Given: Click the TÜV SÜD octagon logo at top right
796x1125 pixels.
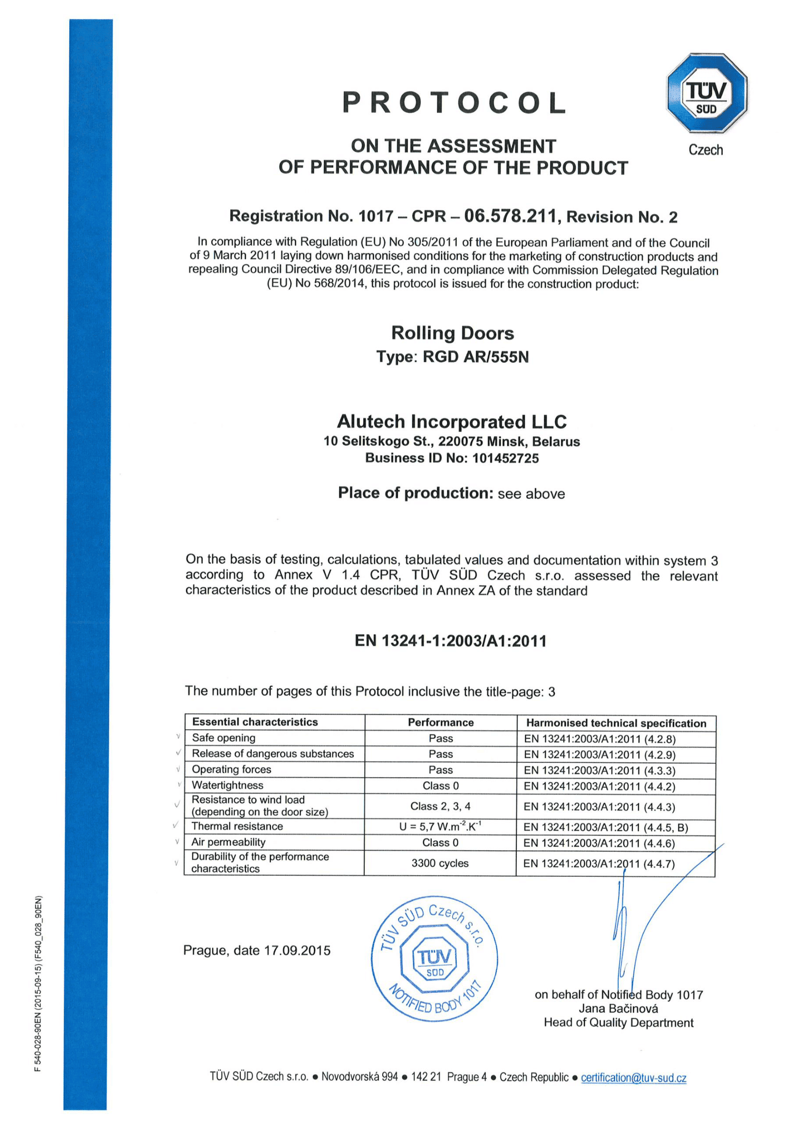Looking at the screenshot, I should [706, 93].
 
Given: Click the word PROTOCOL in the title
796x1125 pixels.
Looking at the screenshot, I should [454, 103].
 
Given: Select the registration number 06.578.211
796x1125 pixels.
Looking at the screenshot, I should [510, 215].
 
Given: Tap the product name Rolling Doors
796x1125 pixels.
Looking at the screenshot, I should [452, 333].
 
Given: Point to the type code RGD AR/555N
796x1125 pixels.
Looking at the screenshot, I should [476, 357].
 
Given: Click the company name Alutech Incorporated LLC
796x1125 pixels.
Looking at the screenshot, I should [451, 422].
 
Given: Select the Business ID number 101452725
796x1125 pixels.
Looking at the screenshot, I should [505, 458].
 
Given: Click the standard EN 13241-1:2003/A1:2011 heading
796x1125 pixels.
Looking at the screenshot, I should [450, 641].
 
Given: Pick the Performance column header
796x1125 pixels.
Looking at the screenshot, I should [441, 722].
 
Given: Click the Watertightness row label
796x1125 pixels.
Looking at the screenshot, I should [228, 785].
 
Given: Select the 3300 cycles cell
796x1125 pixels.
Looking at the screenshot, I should [440, 863].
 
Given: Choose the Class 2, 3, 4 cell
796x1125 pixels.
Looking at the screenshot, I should [440, 806].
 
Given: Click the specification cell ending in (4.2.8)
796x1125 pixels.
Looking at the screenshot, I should [600, 739].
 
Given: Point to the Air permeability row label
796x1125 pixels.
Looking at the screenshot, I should [229, 842].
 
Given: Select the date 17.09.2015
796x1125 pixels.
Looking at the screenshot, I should [297, 950].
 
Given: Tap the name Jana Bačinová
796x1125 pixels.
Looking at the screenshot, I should [618, 1009].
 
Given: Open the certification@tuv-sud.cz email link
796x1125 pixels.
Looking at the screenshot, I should [633, 1077].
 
